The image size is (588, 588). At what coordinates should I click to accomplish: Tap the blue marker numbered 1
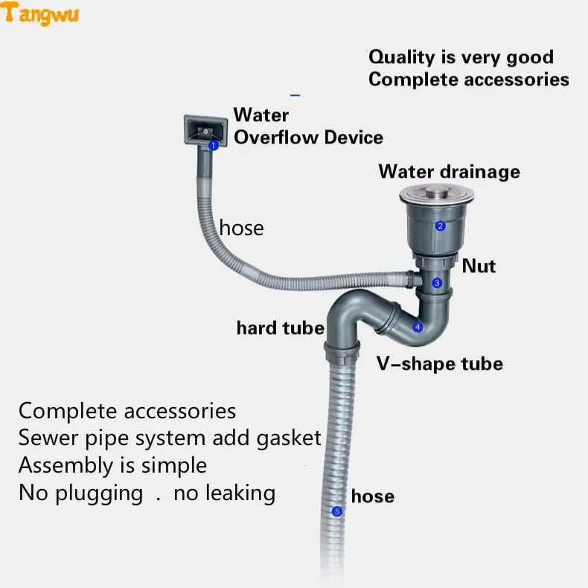tap(213, 146)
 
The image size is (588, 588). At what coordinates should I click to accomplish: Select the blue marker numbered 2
tap(440, 226)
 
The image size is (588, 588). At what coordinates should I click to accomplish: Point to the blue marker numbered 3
tap(437, 283)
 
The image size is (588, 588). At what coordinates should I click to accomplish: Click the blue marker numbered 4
tap(418, 327)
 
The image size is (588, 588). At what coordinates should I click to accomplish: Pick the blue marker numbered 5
tap(336, 511)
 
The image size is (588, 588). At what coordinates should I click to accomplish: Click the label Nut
tap(479, 266)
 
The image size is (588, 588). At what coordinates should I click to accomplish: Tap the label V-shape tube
tap(439, 364)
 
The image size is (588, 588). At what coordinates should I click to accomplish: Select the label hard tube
tap(280, 327)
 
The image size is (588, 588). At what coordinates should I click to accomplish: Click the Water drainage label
tap(449, 171)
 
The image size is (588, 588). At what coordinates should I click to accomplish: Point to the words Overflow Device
tap(308, 138)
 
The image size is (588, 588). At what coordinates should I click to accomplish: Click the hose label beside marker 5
tap(373, 496)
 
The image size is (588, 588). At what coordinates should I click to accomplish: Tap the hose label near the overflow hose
tap(241, 227)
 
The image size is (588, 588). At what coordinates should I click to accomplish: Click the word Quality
tap(401, 57)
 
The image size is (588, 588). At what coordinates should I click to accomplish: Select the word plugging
tap(97, 493)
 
